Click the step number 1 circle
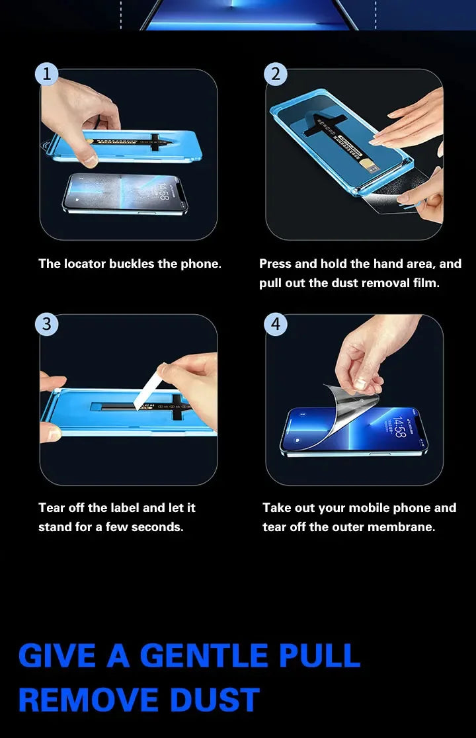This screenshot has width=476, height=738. point(46,74)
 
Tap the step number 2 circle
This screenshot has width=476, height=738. point(275,74)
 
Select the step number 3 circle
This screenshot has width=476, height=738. point(46,324)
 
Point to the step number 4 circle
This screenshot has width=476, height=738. point(275,324)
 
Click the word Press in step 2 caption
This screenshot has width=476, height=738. point(275,264)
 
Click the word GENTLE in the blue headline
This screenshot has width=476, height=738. point(204,655)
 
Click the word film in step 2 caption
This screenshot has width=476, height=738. point(426,283)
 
